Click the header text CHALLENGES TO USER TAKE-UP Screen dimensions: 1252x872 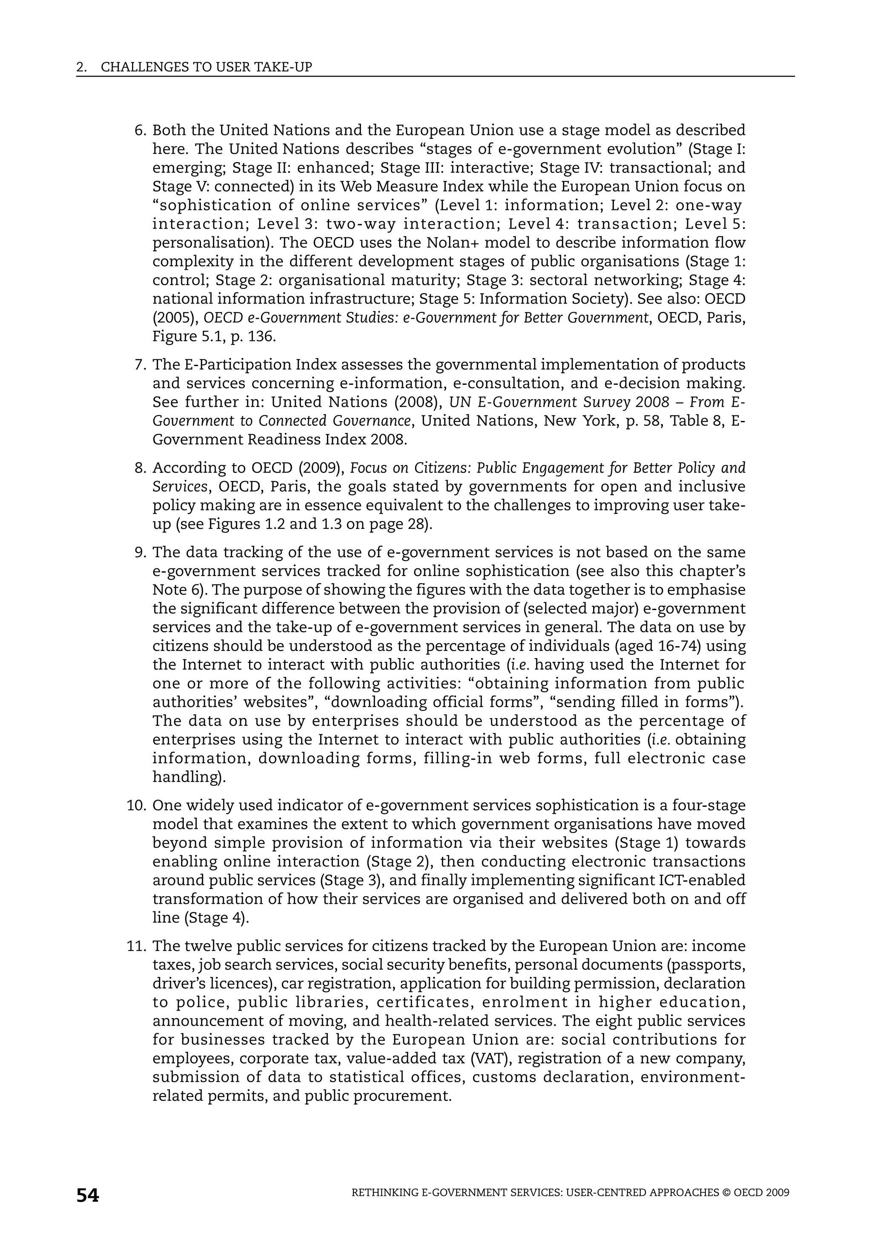207,67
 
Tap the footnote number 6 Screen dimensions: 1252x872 140,131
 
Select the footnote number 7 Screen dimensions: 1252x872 140,365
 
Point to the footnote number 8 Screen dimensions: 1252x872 140,468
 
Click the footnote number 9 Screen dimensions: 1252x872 140,553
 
